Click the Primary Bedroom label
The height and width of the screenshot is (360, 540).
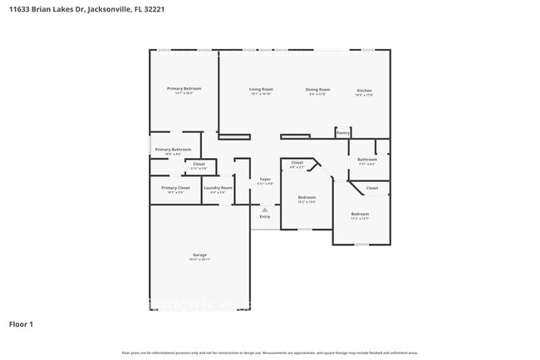coord(184,88)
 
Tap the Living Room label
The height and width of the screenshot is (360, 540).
coord(262,89)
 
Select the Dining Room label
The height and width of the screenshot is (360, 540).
coord(317,89)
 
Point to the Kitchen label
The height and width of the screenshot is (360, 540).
coord(365,90)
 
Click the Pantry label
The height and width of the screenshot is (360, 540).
coord(343,132)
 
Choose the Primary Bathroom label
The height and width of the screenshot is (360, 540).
coord(173,150)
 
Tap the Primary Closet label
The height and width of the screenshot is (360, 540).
coord(175,188)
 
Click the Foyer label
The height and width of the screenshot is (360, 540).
coord(265,179)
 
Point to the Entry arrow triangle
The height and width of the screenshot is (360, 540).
coord(265,210)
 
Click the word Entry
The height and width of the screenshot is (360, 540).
coord(265,217)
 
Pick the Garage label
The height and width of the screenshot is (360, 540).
coord(199,254)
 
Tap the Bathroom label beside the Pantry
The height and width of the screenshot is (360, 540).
coord(367,159)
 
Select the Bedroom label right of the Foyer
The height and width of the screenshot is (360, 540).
coord(307,197)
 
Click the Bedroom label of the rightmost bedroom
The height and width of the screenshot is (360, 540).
coord(360,214)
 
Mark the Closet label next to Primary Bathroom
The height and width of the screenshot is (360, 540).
coord(199,164)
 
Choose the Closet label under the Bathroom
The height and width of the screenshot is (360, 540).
coord(372,188)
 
